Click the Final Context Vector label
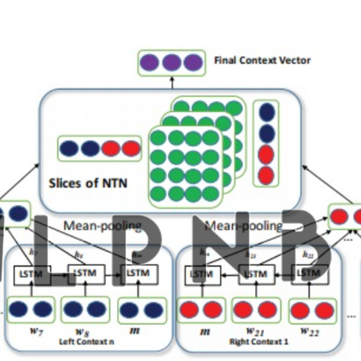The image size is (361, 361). point(262,61)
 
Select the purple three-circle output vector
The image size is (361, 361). point(171,63)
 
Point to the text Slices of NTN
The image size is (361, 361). point(88,183)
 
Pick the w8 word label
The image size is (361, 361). point(83,332)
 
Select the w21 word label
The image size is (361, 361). point(252,332)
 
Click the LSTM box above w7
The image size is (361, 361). point(32,274)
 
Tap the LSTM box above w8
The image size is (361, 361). point(84,274)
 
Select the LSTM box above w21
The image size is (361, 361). point(256,274)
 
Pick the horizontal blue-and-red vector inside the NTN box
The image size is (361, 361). point(99,149)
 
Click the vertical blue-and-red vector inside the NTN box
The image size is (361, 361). point(266,143)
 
